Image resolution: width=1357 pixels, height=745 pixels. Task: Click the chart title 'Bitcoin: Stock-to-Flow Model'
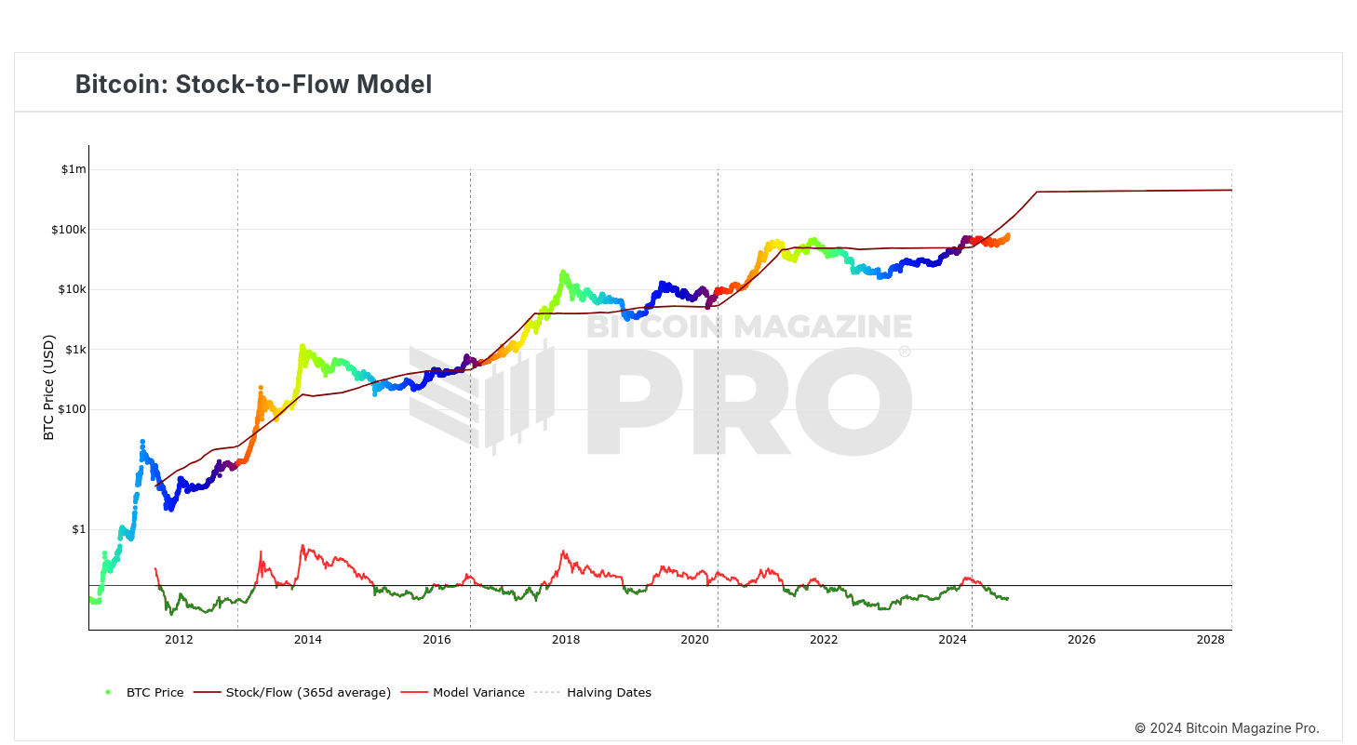tap(253, 85)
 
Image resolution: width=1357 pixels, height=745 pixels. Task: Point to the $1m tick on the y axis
tap(74, 169)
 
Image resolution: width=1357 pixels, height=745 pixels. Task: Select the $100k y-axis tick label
tap(68, 230)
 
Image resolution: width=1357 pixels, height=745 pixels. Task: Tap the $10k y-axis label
tap(71, 289)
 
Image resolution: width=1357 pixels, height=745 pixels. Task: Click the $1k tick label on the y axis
tap(74, 350)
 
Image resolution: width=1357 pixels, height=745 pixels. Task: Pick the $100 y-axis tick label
tap(71, 409)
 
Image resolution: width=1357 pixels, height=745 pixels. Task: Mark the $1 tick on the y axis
tap(77, 529)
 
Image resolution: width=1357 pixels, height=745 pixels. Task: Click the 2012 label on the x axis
tap(179, 640)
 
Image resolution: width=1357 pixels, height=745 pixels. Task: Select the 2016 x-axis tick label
tap(437, 640)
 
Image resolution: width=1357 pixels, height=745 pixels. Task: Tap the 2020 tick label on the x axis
tap(694, 640)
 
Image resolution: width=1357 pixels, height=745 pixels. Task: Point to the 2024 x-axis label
tap(952, 640)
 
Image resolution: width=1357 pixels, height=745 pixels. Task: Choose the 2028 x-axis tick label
tap(1210, 640)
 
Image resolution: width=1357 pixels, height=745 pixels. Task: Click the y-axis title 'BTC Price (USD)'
tap(49, 388)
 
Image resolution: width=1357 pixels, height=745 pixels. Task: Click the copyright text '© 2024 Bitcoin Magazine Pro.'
tap(1227, 728)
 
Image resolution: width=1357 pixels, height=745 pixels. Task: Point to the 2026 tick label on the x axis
tap(1081, 640)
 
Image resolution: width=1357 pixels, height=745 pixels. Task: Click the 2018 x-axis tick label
tap(566, 640)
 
